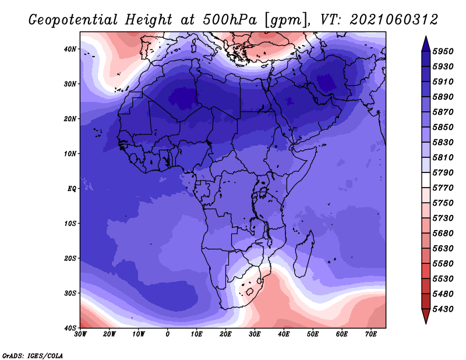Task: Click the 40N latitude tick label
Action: click(70, 49)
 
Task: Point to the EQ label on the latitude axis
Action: click(72, 189)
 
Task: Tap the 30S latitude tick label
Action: click(70, 293)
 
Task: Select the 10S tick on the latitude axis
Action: click(70, 224)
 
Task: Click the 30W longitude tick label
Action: click(80, 334)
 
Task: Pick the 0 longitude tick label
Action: click(168, 334)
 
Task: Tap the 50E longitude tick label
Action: click(313, 334)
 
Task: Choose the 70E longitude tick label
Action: click(371, 334)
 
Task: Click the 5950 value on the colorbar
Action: click(443, 51)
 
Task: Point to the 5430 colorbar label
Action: click(443, 309)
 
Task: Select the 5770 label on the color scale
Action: click(443, 188)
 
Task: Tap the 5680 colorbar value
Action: click(443, 234)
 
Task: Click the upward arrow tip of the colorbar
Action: click(426, 37)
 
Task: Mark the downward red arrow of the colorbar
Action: click(426, 316)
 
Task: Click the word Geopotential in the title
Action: click(73, 20)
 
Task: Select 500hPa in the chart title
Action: click(230, 20)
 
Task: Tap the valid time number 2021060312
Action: click(394, 20)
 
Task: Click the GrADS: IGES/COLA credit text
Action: click(33, 356)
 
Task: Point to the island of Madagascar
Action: click(304, 254)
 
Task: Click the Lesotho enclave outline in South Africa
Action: click(250, 292)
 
